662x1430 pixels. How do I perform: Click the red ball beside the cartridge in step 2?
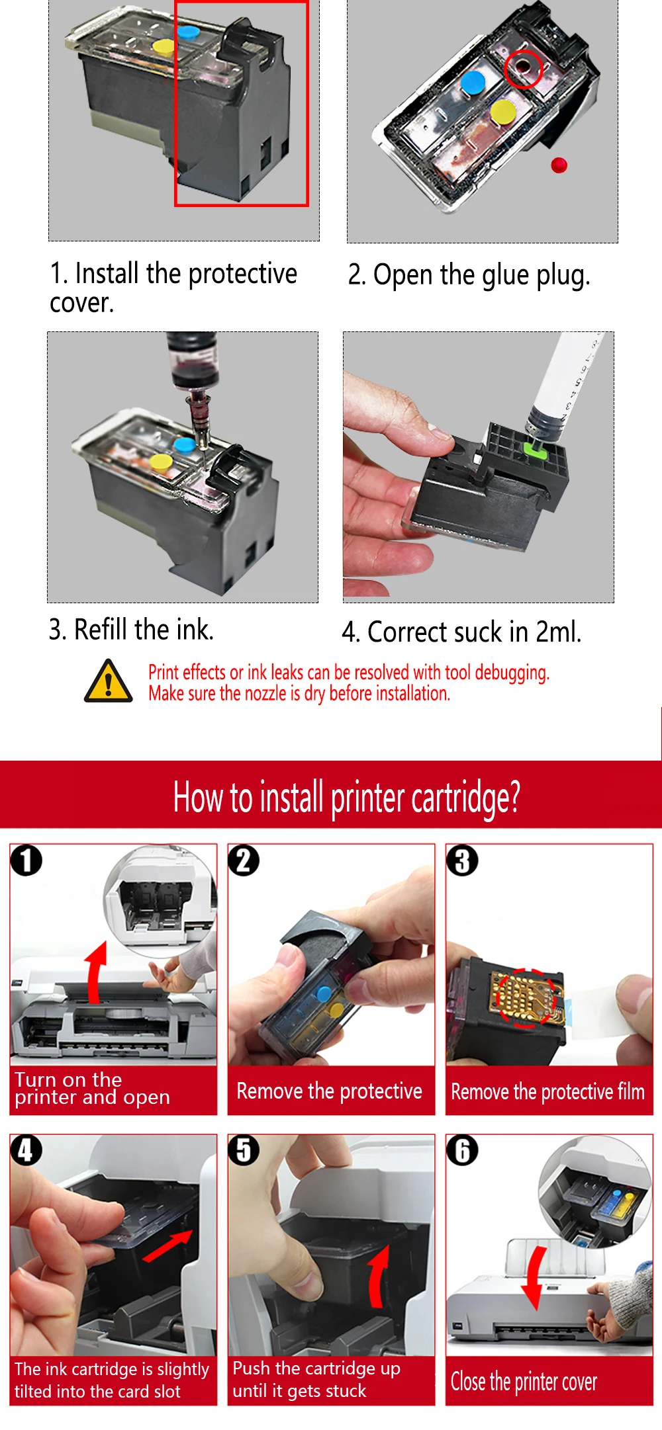click(x=559, y=165)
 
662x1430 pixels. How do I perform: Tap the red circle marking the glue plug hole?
click(x=523, y=69)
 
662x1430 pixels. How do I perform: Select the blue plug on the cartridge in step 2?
click(x=473, y=83)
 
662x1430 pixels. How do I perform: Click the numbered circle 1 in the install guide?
click(x=26, y=861)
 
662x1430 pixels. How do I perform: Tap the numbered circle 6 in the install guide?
click(x=462, y=1150)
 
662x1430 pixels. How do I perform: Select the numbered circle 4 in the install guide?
click(x=26, y=1150)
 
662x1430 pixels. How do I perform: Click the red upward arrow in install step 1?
click(x=97, y=972)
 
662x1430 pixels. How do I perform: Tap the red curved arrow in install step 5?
click(x=379, y=1277)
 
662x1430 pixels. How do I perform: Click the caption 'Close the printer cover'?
click(x=524, y=1382)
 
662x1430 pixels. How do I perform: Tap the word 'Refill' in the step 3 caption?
click(x=102, y=629)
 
